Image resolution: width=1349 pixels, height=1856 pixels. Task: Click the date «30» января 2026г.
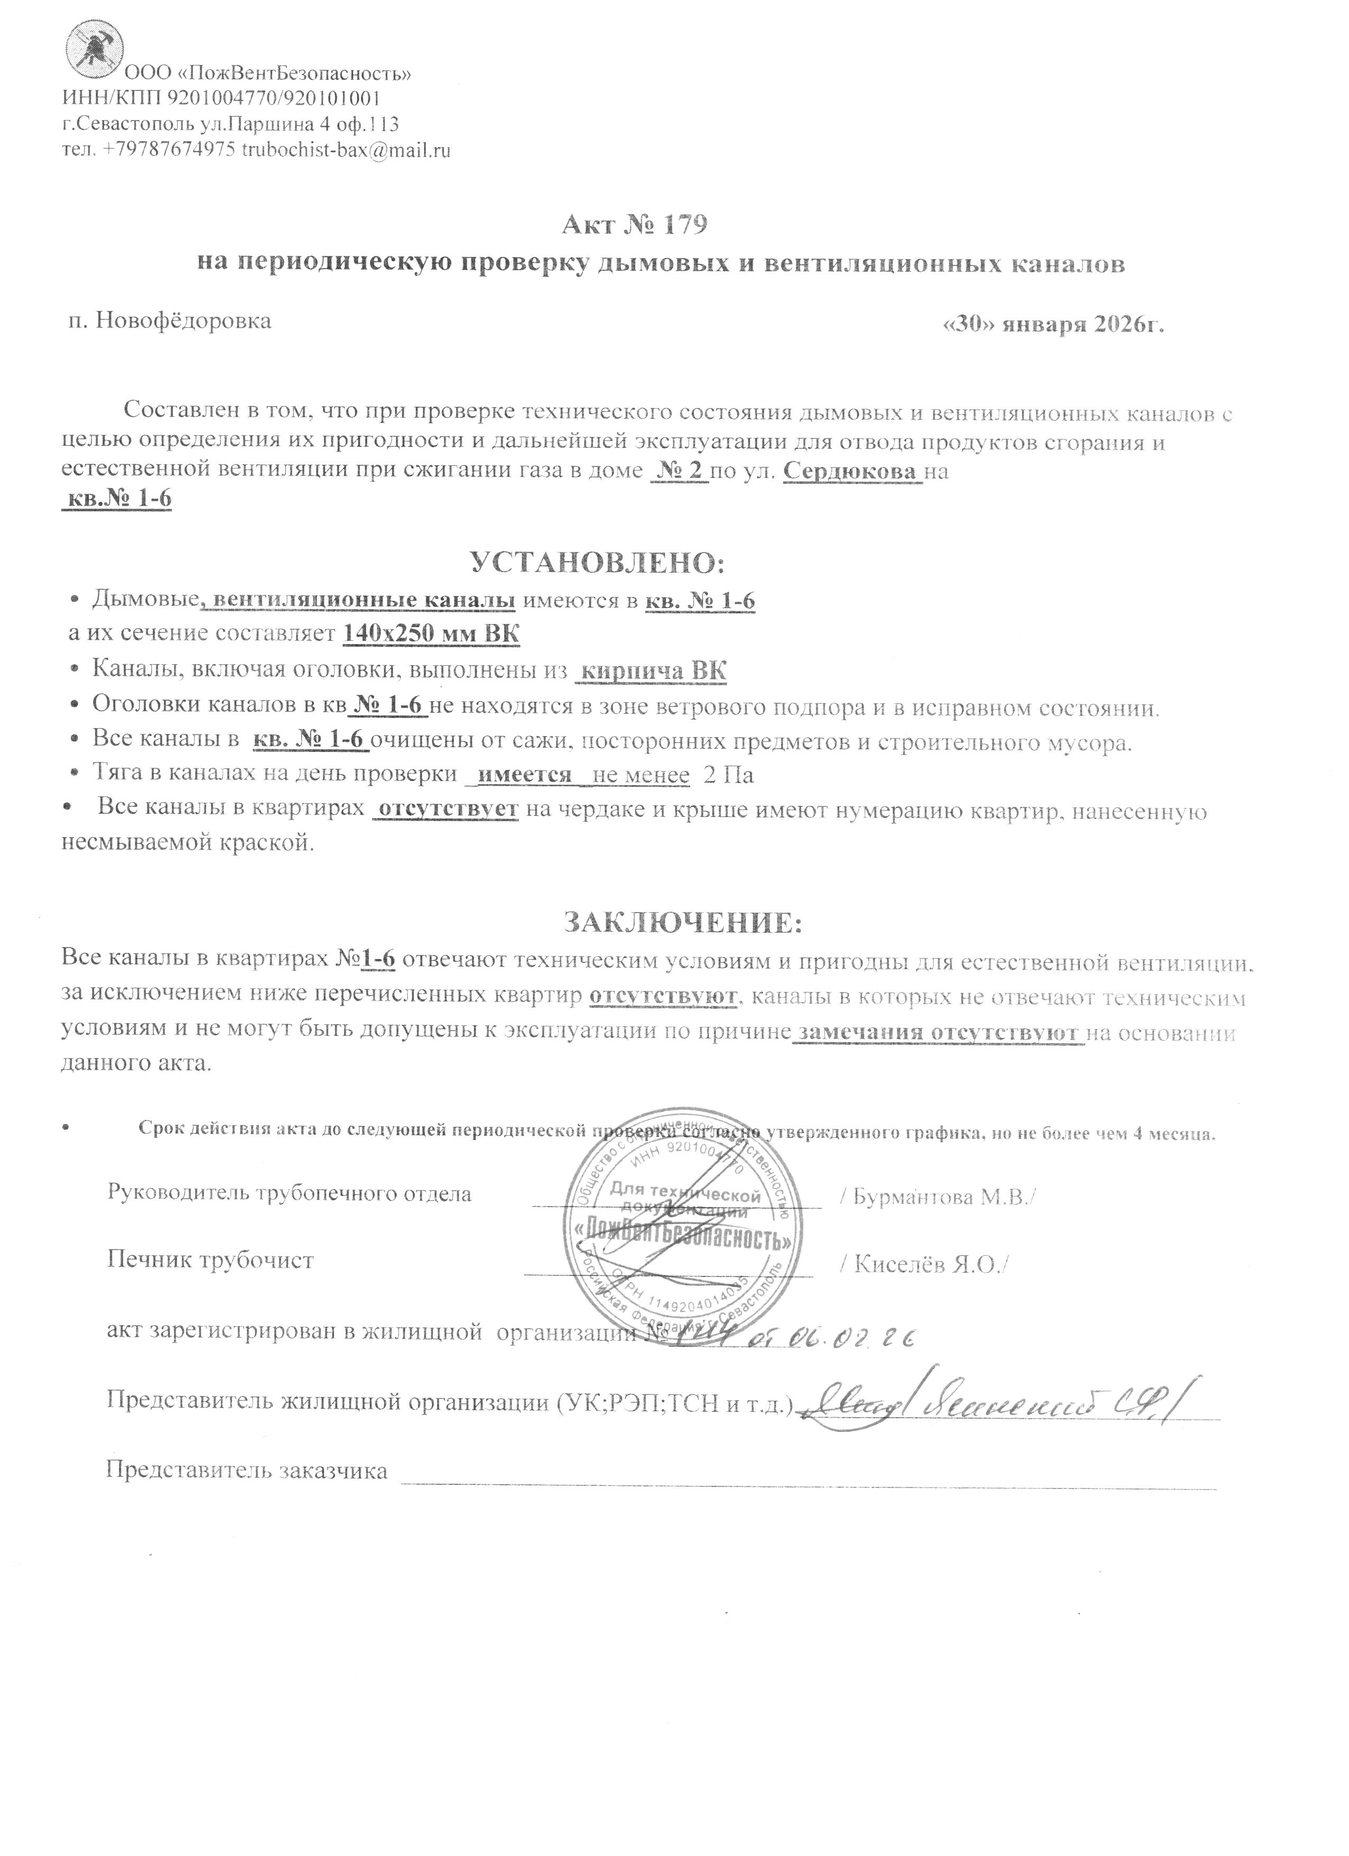[1054, 324]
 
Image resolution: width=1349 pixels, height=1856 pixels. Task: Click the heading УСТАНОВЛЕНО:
[598, 563]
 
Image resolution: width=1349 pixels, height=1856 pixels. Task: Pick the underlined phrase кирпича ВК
[652, 671]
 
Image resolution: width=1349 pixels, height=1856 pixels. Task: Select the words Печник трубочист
[210, 1260]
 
